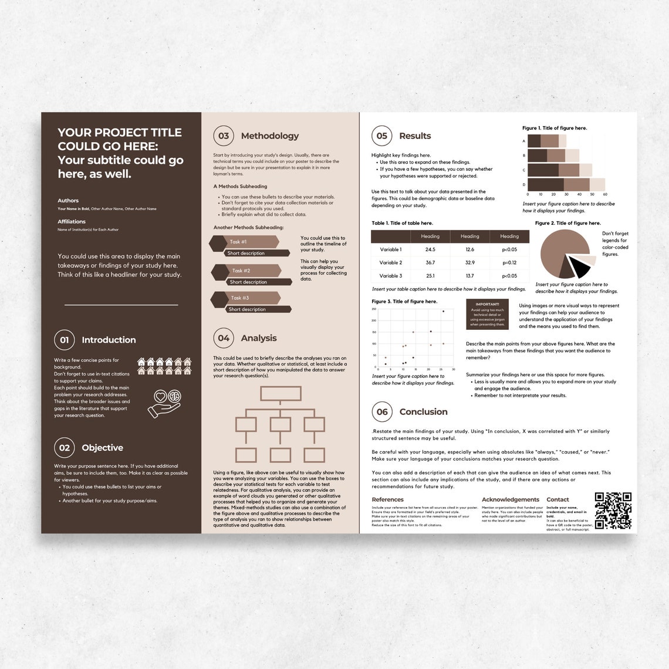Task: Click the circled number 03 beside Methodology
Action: [224, 136]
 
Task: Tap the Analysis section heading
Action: [258, 338]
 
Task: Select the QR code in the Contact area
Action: [613, 511]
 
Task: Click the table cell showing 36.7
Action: [430, 262]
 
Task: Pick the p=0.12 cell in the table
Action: [509, 262]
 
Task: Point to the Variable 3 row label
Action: [390, 276]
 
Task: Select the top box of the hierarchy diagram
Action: [281, 393]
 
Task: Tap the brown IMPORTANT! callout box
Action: [487, 315]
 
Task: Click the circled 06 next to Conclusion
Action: [382, 412]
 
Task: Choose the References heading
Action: [387, 499]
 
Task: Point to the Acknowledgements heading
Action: [510, 499]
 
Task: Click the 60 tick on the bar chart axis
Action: [604, 194]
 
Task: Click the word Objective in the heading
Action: [102, 448]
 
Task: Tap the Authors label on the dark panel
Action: [68, 201]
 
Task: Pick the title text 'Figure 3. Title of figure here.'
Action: [404, 301]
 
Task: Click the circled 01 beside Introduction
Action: [65, 340]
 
